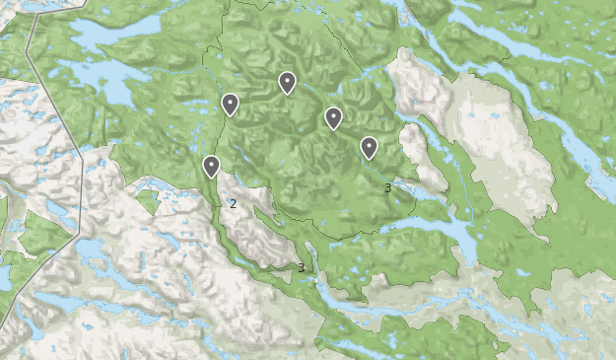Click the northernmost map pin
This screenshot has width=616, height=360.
287,83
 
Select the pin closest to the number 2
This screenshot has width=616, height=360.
211,166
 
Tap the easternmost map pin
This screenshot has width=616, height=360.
369,147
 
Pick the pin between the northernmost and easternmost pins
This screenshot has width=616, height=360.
333,118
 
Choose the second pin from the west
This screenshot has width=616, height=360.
230,104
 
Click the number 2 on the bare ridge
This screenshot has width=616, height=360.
233,204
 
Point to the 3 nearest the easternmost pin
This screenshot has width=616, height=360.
387,187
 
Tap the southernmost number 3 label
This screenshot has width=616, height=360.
301,267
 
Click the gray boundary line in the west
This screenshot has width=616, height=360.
54,99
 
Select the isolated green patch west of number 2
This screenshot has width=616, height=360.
148,201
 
